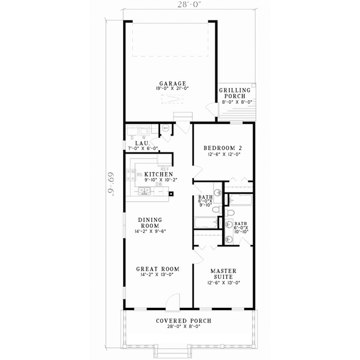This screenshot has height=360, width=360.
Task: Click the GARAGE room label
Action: pos(172,83)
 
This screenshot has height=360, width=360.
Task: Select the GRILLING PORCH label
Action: pos(233,92)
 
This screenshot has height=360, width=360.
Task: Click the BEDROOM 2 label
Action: pos(223,148)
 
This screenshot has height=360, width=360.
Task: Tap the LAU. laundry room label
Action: pos(142,143)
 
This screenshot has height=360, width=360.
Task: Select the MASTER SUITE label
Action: pos(223,274)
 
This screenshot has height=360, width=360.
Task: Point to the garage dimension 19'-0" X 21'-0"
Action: pos(172,89)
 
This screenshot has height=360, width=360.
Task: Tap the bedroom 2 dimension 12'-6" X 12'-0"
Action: pos(223,155)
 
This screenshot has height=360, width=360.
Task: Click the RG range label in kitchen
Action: pos(139,175)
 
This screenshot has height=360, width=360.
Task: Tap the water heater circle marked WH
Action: pos(166,128)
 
